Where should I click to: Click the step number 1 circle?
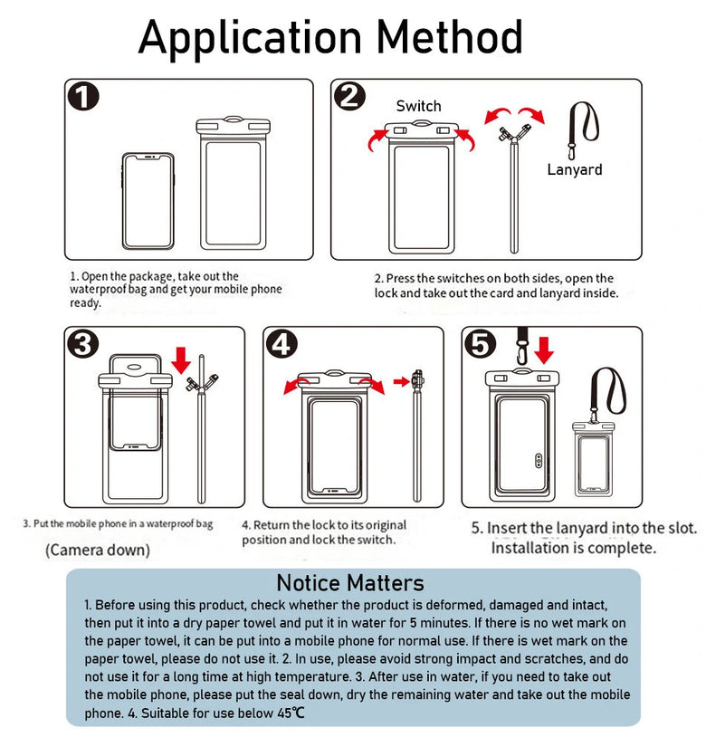click(83, 96)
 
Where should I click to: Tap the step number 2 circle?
click(348, 96)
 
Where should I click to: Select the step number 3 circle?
click(83, 344)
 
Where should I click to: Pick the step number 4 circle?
click(282, 344)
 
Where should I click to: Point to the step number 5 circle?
click(481, 344)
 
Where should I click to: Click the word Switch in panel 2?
click(418, 106)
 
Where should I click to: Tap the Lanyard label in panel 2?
click(574, 169)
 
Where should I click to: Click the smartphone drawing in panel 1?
click(147, 200)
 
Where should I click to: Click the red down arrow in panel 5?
click(544, 349)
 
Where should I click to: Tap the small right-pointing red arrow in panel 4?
click(401, 382)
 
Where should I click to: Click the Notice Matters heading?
click(349, 582)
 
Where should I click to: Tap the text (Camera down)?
click(98, 550)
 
